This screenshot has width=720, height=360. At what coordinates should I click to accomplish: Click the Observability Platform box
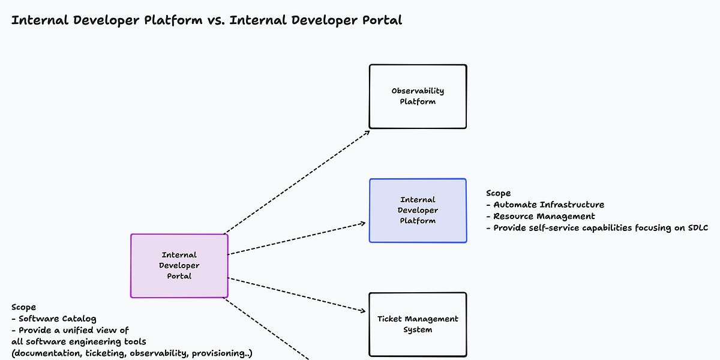(418, 97)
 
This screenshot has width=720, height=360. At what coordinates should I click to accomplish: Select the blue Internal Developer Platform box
(418, 211)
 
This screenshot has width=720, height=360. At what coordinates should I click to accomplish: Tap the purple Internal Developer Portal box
(179, 266)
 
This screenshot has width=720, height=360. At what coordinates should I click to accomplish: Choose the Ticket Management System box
(418, 325)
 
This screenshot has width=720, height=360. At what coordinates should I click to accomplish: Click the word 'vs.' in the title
(218, 20)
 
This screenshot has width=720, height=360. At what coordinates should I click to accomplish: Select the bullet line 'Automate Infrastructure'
(548, 205)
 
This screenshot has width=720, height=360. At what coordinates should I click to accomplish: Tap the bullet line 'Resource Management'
(544, 216)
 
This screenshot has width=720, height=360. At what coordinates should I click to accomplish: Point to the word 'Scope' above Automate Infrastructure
(499, 193)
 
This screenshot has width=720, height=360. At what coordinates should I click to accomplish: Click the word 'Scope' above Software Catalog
(23, 307)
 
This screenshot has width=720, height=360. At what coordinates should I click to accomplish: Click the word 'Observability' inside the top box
(418, 91)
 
